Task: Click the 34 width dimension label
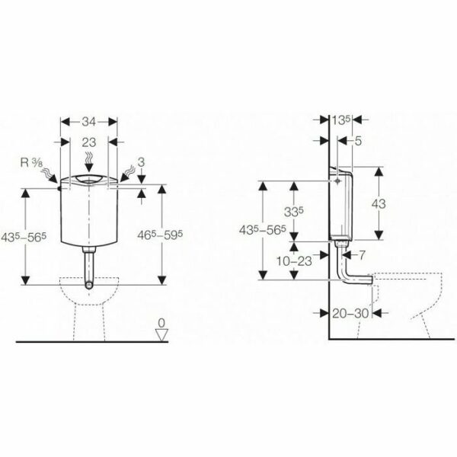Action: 88,122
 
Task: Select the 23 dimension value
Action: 89,142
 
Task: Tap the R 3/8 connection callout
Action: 32,163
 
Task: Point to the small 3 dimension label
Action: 141,162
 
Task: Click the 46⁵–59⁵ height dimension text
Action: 160,235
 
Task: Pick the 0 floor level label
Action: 161,323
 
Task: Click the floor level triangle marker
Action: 161,335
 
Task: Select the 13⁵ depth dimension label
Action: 340,120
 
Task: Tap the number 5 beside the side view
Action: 358,141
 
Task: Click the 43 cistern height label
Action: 379,204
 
